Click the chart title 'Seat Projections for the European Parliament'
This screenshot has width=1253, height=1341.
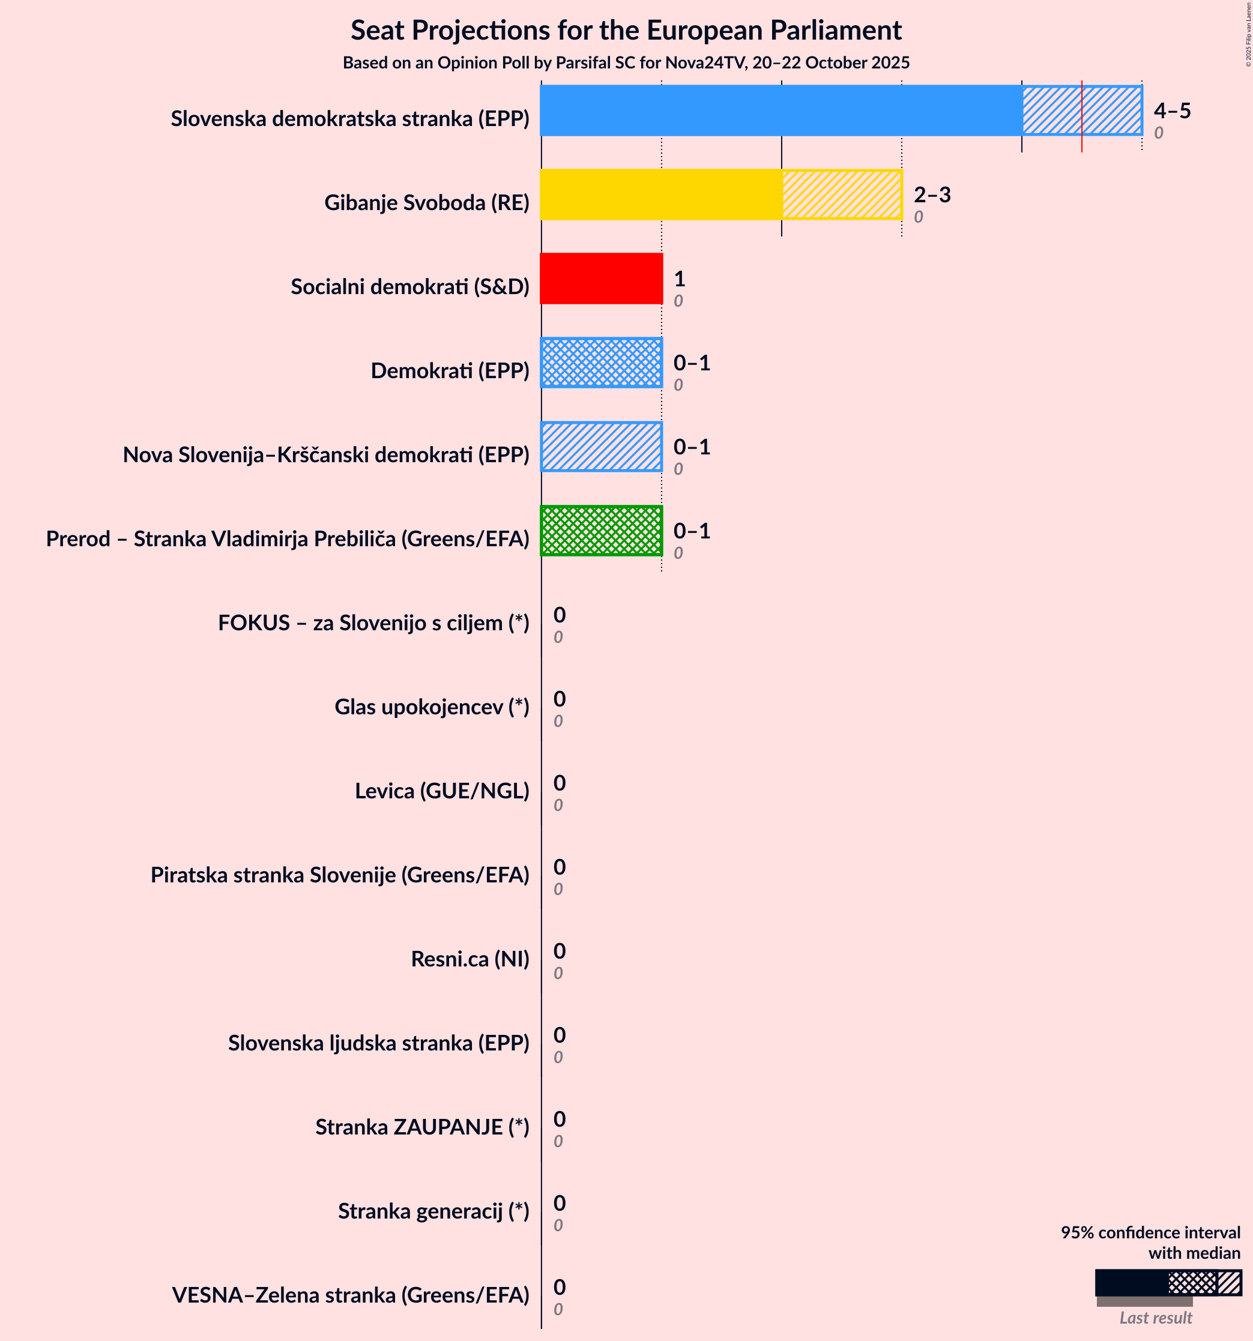coord(626,31)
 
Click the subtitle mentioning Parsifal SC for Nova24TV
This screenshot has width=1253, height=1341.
coord(626,63)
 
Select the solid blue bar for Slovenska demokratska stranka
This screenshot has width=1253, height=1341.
coord(780,110)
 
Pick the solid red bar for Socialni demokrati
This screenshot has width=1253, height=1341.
coord(601,279)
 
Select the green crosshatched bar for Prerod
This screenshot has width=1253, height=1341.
coord(601,531)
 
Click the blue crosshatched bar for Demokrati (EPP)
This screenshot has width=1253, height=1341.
coord(601,363)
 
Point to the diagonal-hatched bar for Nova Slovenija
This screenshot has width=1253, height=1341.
coord(601,447)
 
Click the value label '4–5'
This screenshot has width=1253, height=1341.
coord(1172,110)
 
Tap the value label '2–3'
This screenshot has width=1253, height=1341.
coord(932,195)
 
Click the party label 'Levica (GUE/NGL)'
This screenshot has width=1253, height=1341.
coord(442,791)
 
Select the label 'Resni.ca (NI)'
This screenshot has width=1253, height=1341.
coord(469,959)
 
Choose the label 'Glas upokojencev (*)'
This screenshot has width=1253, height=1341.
coord(432,707)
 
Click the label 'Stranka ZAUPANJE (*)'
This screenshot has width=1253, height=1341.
coord(423,1127)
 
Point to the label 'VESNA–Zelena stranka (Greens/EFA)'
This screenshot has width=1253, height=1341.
coord(350,1295)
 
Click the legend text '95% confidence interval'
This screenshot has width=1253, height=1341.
coord(1150,1232)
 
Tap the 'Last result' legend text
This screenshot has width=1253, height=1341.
coord(1155,1318)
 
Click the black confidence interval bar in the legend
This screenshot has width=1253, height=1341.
coord(1132,1282)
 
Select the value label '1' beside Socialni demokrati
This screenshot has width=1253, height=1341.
coord(679,279)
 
